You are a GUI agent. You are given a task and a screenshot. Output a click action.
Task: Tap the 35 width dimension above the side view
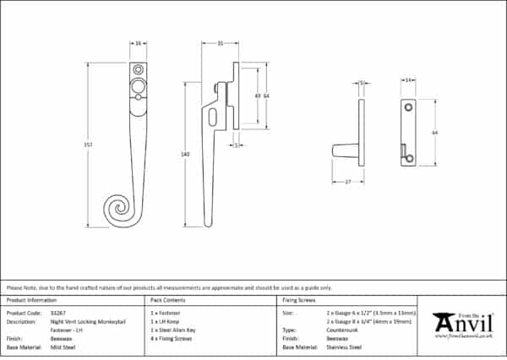point(219,42)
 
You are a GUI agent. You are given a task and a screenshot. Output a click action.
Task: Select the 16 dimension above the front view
point(138,42)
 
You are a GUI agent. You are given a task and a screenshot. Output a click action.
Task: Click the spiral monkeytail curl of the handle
point(117,207)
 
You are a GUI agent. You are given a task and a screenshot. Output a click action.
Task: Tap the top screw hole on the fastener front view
point(138,68)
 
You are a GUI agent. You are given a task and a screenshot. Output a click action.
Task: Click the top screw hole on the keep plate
point(407,107)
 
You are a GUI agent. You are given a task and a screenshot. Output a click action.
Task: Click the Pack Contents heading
point(166,301)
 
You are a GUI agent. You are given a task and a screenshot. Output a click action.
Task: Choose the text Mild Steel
point(63,346)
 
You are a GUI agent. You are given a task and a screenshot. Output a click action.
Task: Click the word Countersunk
point(341,330)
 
